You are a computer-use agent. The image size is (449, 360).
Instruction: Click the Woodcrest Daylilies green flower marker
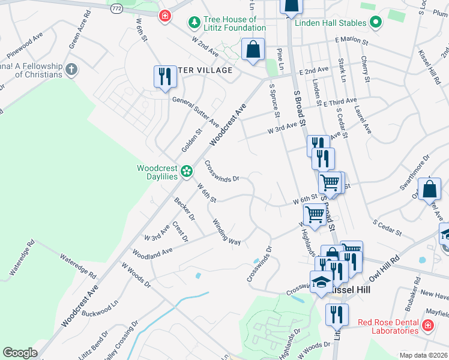click(187, 172)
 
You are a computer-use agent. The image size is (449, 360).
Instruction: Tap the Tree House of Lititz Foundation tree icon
click(194, 23)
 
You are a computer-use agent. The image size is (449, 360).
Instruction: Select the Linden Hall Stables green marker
click(376, 23)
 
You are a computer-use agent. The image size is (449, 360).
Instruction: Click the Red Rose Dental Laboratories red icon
click(427, 326)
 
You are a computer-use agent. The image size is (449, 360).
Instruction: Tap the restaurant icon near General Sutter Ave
click(163, 77)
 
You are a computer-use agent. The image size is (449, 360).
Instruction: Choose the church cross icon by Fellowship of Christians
click(71, 70)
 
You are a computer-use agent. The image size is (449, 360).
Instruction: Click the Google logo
click(20, 353)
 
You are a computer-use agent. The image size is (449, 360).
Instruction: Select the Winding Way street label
click(226, 231)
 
